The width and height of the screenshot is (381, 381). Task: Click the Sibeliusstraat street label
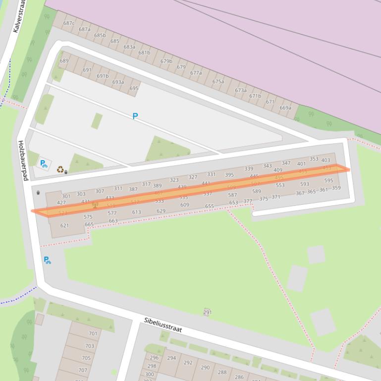pyautogui.click(x=163, y=325)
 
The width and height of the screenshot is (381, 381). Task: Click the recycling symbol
pyautogui.click(x=60, y=169)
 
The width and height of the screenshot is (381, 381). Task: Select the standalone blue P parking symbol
pyautogui.click(x=135, y=116)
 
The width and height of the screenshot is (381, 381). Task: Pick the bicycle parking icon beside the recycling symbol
pyautogui.click(x=44, y=163)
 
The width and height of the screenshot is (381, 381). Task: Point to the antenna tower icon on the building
pyautogui.click(x=95, y=204)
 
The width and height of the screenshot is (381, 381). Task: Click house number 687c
pyautogui.click(x=69, y=23)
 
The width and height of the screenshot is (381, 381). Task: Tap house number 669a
pyautogui.click(x=285, y=108)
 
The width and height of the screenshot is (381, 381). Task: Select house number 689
pyautogui.click(x=64, y=61)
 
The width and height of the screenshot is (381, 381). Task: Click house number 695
pyautogui.click(x=134, y=89)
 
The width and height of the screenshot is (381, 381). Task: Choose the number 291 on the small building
pyautogui.click(x=207, y=312)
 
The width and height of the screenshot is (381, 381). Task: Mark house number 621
pyautogui.click(x=64, y=226)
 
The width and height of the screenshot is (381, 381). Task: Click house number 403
pyautogui.click(x=326, y=160)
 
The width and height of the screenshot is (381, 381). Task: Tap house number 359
pyautogui.click(x=336, y=188)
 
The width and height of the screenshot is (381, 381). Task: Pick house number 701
pyautogui.click(x=93, y=333)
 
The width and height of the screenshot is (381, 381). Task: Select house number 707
pyautogui.click(x=83, y=370)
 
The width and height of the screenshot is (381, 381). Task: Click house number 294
pyautogui.click(x=171, y=358)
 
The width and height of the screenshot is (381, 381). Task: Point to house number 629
pyautogui.click(x=161, y=211)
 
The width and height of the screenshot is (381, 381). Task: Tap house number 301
pyautogui.click(x=66, y=196)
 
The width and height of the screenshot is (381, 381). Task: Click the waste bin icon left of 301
pyautogui.click(x=38, y=193)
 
